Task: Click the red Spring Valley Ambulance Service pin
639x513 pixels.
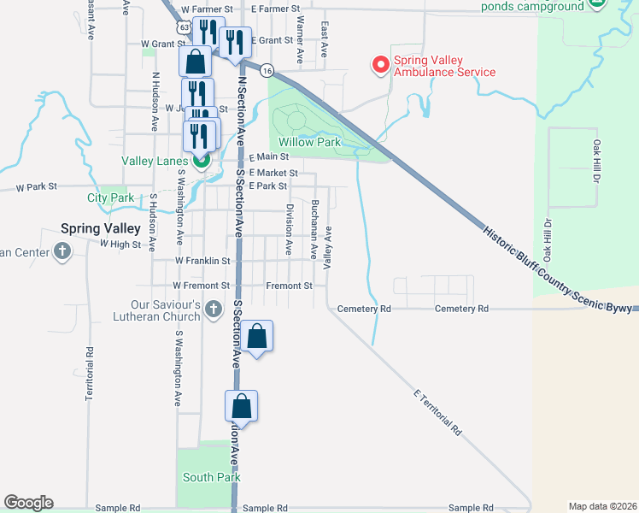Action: coord(379,65)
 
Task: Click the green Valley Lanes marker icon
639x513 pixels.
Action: coord(202,159)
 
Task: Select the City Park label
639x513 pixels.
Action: coord(110,198)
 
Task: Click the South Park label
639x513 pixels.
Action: coord(211,478)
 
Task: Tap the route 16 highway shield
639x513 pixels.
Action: coord(267,70)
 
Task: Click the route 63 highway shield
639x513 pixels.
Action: coord(179,27)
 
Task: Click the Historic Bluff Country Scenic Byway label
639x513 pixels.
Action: coord(558,269)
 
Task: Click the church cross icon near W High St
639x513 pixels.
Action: coord(62,252)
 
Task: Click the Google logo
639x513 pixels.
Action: coord(28,503)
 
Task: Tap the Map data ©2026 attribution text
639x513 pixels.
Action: coord(602,506)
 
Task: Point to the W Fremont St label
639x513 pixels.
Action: coord(201,285)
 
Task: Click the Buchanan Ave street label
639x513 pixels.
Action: coord(315,230)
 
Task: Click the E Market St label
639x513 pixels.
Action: coord(273,173)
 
